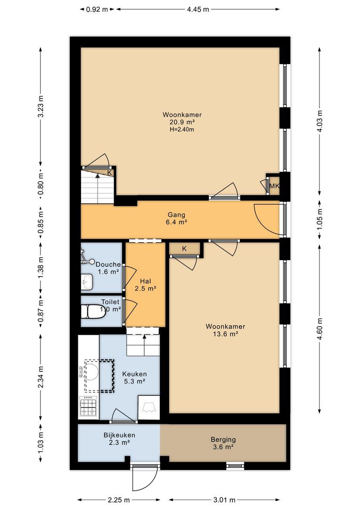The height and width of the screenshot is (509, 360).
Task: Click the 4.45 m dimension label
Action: coord(198,9)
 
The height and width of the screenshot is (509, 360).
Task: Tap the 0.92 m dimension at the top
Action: coord(97,9)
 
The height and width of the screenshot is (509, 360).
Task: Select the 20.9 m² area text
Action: coord(182,122)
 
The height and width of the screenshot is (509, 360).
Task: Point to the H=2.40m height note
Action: coord(182,129)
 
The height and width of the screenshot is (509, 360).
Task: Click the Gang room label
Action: coord(176,214)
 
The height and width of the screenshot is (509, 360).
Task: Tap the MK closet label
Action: coord(274,186)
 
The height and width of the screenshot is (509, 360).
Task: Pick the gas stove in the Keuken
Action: coord(88,407)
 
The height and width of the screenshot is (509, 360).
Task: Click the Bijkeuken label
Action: coord(119,435)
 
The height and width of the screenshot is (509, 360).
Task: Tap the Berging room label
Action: coord(223,440)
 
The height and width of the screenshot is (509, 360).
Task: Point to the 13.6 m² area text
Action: coord(225,334)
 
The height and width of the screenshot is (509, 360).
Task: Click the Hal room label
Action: coord(146,281)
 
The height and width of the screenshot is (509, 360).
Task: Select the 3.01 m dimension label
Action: coord(224,500)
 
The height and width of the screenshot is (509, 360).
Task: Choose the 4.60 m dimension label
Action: coord(320,329)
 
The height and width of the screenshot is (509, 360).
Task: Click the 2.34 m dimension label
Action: coord(40,377)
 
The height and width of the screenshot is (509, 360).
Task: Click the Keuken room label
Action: coord(134,374)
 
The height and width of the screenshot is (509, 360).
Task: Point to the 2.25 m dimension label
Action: coord(119,500)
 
